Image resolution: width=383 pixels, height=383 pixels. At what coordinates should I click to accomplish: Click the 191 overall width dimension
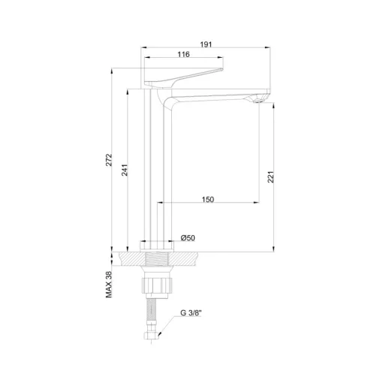click(206, 44)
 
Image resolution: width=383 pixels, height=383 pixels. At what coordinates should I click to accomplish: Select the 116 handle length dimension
click(183, 54)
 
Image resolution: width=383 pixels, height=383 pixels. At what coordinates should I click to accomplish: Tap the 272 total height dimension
click(109, 160)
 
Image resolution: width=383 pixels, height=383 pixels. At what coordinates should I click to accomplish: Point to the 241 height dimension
click(125, 170)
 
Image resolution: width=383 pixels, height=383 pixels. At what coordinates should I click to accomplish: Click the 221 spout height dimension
click(271, 177)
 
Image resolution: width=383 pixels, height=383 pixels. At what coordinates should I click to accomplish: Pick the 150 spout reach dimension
click(208, 200)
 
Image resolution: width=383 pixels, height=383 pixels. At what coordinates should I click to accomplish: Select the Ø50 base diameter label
click(188, 238)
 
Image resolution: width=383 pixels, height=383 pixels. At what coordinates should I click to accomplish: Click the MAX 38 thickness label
click(109, 285)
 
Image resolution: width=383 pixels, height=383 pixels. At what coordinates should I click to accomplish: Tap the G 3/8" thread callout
click(191, 313)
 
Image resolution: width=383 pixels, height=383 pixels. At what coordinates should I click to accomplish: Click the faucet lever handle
click(183, 77)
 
